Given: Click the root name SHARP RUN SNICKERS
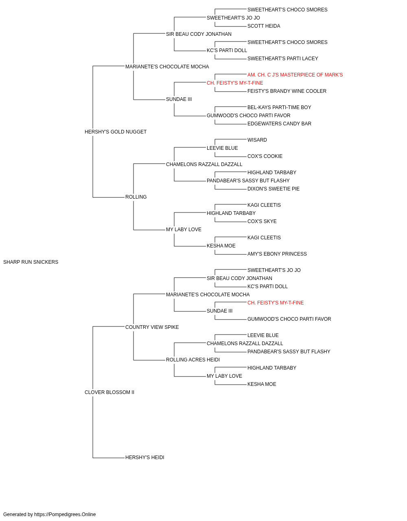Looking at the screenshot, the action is click(31, 262).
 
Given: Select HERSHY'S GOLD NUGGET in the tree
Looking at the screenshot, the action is click(116, 132).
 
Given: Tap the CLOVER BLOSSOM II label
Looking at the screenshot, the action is click(109, 392).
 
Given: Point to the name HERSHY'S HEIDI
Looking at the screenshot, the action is click(145, 458).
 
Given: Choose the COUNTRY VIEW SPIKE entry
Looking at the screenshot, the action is click(152, 327).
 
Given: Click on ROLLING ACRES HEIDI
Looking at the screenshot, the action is click(193, 360).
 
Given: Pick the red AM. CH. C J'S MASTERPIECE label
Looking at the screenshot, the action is click(295, 75).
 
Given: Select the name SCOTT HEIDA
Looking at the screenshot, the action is click(264, 26).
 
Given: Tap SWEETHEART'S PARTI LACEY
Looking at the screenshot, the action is click(282, 59).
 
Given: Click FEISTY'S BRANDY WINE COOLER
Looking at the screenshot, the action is click(287, 91).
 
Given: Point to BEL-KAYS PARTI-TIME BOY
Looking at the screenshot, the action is click(279, 107).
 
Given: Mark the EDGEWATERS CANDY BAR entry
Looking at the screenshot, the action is click(279, 124).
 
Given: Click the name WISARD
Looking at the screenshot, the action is click(257, 140).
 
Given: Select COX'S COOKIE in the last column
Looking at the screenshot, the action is click(265, 156).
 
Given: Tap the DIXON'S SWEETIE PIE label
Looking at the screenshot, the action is click(274, 189).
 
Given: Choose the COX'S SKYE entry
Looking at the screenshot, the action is click(262, 221).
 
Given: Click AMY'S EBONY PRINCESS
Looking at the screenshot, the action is click(277, 254).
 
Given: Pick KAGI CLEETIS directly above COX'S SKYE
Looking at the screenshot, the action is click(264, 205).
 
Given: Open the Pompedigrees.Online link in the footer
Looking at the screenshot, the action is click(65, 514).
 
